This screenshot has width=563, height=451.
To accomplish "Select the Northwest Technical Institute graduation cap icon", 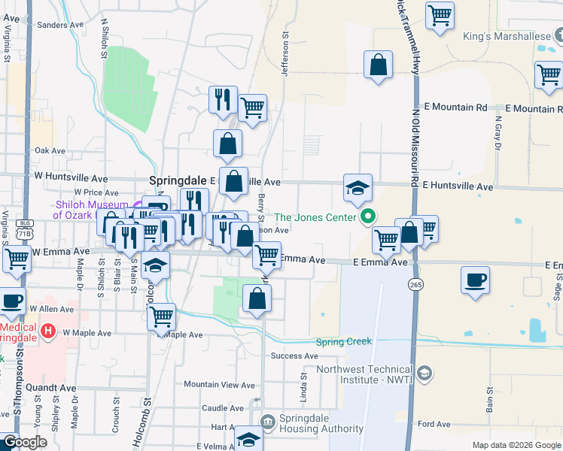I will [x=425, y=374].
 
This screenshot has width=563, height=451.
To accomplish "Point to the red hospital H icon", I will [x=49, y=330].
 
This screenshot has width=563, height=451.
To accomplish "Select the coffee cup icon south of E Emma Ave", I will [x=474, y=281].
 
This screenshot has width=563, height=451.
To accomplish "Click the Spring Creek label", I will [x=344, y=341].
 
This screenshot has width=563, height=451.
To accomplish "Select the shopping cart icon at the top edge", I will [x=440, y=15].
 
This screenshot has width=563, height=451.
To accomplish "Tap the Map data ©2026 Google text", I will [x=516, y=445].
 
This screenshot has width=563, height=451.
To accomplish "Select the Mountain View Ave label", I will [x=220, y=384].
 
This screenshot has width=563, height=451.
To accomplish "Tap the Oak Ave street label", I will [x=50, y=150].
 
